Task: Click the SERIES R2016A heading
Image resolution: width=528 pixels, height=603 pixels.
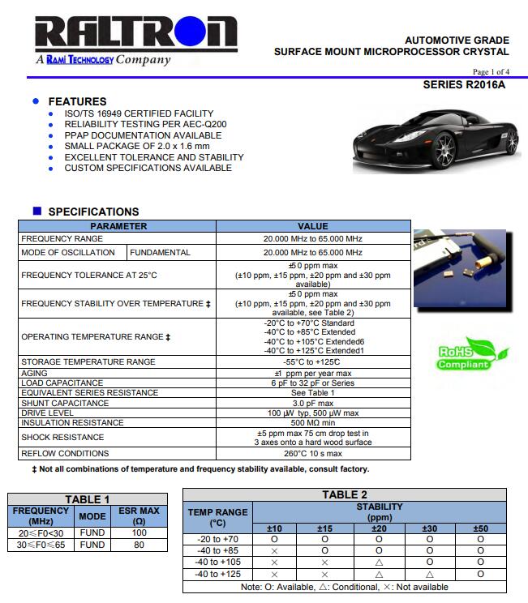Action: click(x=464, y=84)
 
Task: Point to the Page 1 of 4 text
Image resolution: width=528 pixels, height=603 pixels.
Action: click(x=491, y=71)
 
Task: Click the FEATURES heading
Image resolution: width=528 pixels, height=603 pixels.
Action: click(x=77, y=101)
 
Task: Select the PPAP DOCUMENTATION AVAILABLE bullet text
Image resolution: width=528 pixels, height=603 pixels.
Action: click(x=143, y=135)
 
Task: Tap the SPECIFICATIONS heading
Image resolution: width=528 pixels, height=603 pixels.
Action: click(x=93, y=212)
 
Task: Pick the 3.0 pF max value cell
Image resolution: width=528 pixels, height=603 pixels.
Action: click(x=313, y=403)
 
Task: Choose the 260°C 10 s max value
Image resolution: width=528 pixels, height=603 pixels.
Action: click(x=313, y=454)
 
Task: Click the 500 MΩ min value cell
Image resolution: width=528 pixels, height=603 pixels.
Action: click(x=313, y=423)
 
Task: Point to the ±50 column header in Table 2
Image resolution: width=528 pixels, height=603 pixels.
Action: click(x=480, y=528)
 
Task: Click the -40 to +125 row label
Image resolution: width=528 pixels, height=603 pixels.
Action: click(x=217, y=574)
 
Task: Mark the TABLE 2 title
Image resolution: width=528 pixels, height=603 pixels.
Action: click(x=345, y=494)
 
